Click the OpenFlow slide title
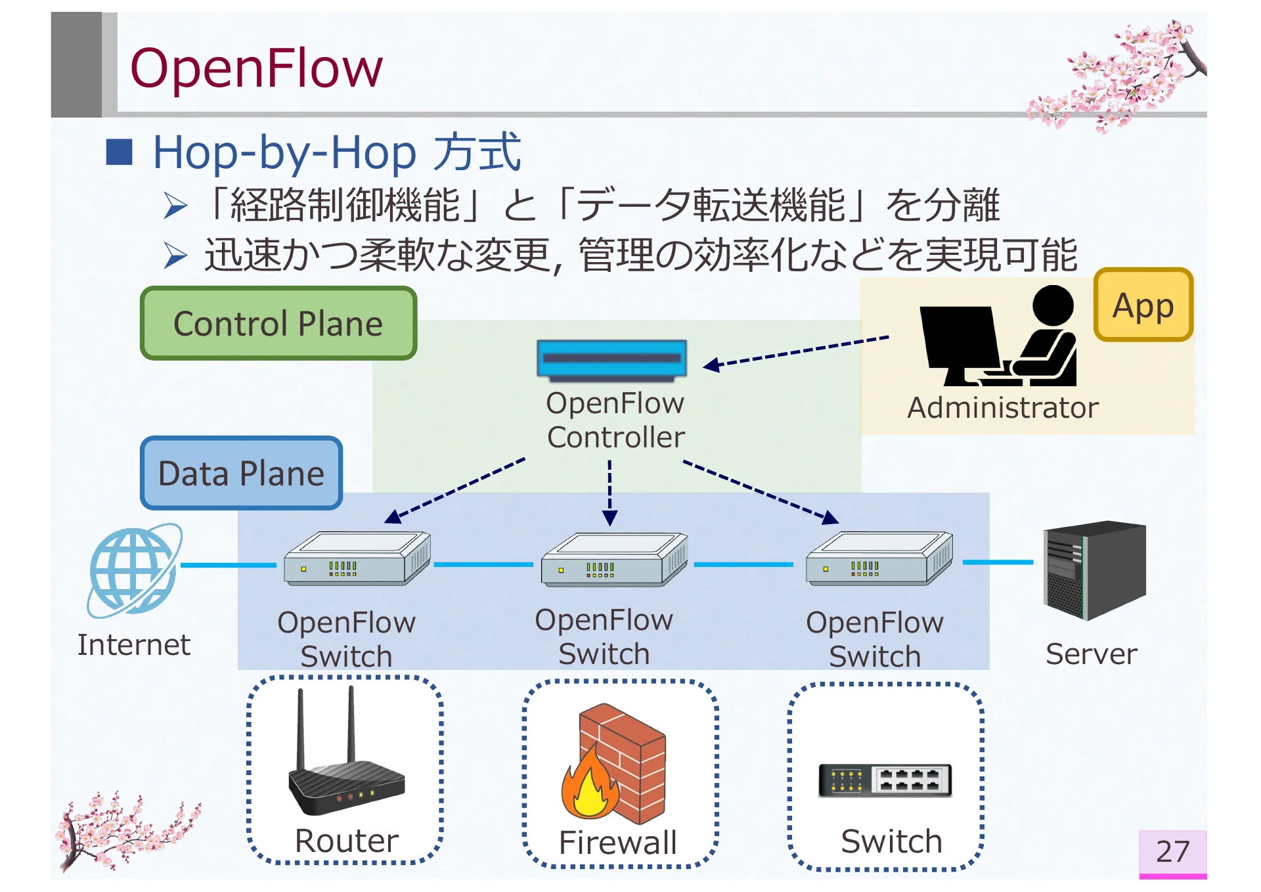(x=256, y=68)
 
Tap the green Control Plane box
(x=278, y=323)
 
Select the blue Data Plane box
(x=241, y=473)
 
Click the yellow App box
(x=1143, y=305)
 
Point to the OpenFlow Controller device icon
(x=611, y=361)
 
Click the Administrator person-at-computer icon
(x=998, y=336)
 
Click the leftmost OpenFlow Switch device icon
(x=357, y=558)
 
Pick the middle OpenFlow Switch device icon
(x=614, y=559)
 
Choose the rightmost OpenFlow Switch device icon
(x=879, y=558)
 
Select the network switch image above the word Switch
(x=885, y=780)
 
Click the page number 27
(x=1172, y=851)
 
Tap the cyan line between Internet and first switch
(x=229, y=565)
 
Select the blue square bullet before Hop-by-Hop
(x=120, y=152)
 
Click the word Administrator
(x=1003, y=408)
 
